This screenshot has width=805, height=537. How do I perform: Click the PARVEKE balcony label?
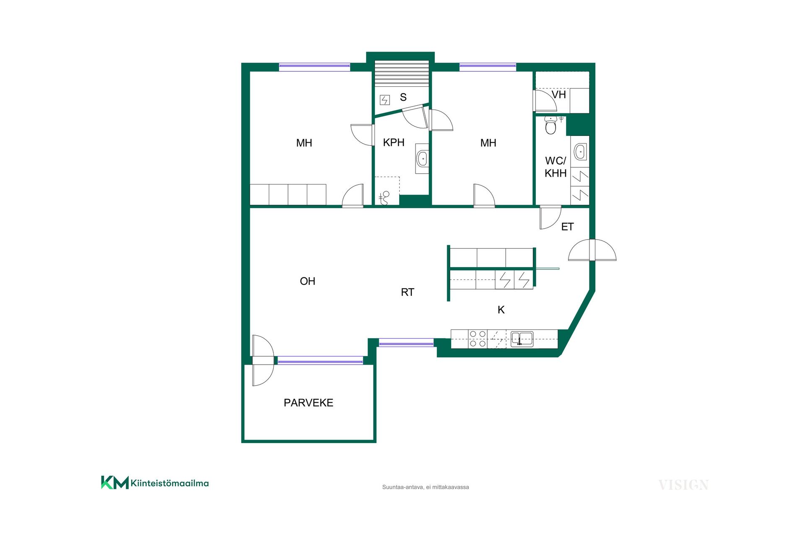[308, 403]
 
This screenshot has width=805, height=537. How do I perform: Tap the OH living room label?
[307, 281]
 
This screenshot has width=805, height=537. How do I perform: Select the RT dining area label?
[408, 292]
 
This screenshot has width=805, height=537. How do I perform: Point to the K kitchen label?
[501, 310]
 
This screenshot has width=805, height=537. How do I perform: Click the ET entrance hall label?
[567, 227]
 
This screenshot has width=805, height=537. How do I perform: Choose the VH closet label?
[558, 95]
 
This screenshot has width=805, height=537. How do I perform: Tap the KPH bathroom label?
[394, 143]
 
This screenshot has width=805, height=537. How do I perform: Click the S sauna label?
[403, 97]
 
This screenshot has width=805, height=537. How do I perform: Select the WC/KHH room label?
[556, 167]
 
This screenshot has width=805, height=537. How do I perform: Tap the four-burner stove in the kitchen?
[478, 339]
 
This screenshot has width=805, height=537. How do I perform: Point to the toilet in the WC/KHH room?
[551, 125]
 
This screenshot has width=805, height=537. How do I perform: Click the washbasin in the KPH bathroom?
[422, 159]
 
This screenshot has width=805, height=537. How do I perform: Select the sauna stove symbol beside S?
[385, 100]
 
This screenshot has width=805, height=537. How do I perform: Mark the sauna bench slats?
[402, 73]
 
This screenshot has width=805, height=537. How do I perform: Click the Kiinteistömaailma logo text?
[169, 483]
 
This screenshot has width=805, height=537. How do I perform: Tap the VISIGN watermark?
[683, 485]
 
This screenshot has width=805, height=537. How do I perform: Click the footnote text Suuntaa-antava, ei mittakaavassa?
[426, 487]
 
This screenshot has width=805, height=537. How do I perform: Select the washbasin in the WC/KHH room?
[580, 152]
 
